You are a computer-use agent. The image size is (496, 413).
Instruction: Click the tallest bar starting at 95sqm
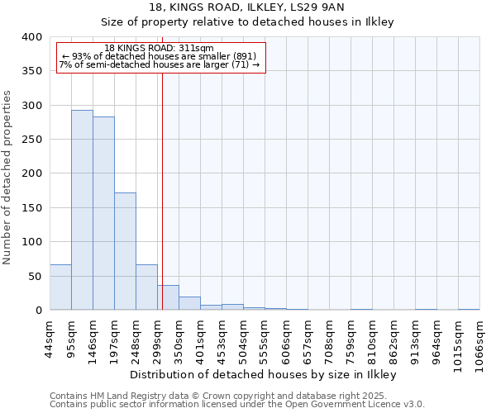click(x=82, y=210)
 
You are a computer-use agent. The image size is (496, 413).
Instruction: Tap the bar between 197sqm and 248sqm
click(x=125, y=251)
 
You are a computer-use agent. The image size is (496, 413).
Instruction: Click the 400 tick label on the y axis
click(x=31, y=37)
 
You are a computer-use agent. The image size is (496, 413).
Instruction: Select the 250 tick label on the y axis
click(x=31, y=140)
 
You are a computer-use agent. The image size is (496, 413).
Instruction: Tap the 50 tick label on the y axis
click(x=34, y=276)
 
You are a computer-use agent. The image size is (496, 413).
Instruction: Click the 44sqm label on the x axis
click(x=50, y=337)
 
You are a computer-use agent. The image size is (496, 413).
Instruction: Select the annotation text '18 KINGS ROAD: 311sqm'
click(x=160, y=48)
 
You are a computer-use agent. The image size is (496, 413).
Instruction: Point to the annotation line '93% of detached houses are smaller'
click(x=160, y=56)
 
